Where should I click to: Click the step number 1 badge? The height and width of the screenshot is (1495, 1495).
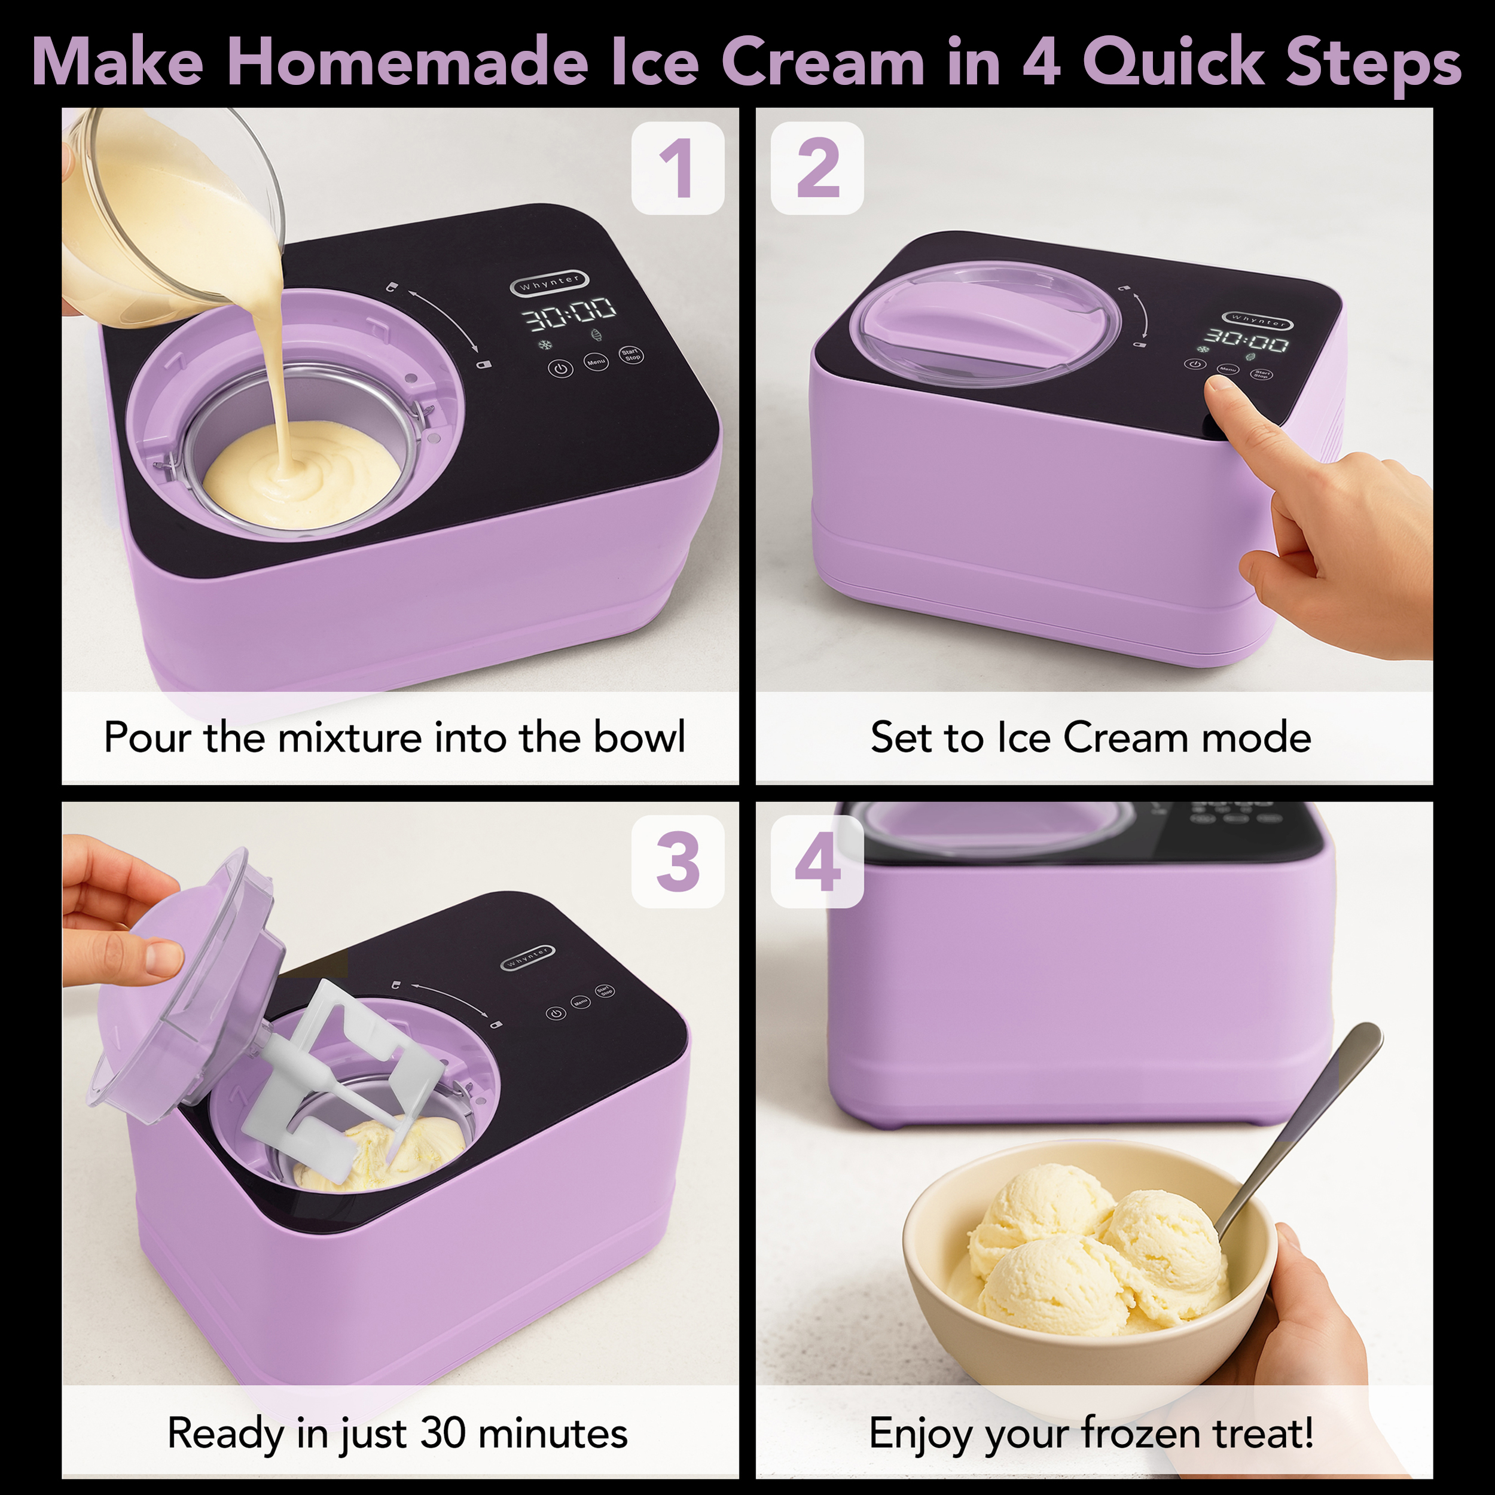[678, 168]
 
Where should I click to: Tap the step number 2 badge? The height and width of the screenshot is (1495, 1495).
[817, 168]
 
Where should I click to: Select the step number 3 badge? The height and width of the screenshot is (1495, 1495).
[678, 861]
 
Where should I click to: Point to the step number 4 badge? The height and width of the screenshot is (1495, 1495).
[817, 861]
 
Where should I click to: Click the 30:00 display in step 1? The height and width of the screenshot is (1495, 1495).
[569, 313]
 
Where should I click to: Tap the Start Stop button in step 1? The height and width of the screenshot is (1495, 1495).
[631, 355]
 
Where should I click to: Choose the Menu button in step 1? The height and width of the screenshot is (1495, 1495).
[596, 361]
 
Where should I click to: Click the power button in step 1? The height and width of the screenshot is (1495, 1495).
[561, 368]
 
